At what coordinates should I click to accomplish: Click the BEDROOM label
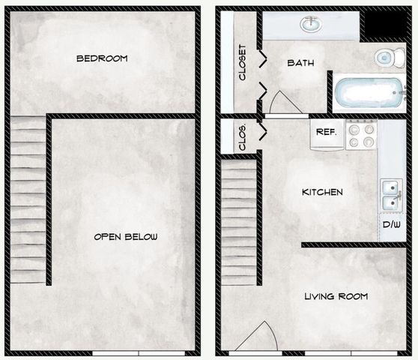coord(102,58)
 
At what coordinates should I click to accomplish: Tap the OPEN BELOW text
coord(126,237)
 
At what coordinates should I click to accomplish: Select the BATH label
coord(300,63)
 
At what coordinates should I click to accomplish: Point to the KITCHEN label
coord(322,192)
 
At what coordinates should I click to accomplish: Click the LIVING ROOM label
coord(336,296)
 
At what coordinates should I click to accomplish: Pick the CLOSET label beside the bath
coord(242,62)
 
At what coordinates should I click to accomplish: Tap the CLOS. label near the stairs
coord(242,137)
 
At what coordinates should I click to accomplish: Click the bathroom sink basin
coord(311,24)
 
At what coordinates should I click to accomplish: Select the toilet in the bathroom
coord(390,58)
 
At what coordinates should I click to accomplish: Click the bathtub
coord(369,92)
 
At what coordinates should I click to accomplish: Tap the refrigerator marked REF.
coord(327,134)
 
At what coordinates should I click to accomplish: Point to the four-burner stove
coord(362,134)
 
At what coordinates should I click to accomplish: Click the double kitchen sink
coord(391,195)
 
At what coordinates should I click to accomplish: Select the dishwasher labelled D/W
coord(392,226)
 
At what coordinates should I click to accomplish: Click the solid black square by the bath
coord(386,24)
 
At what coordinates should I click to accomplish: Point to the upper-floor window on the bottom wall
coord(139,353)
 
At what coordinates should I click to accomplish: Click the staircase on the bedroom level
coord(28,199)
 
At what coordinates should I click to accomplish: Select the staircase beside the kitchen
coord(239,223)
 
